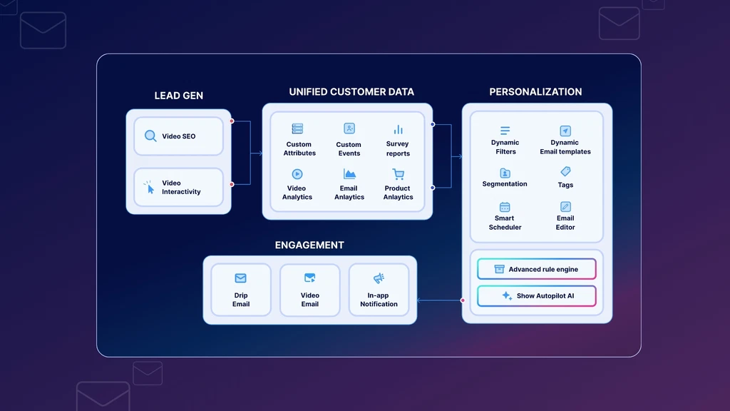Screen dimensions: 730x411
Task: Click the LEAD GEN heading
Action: click(x=179, y=96)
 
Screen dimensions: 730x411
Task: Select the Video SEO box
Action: click(x=179, y=136)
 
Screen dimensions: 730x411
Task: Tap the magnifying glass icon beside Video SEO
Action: click(x=150, y=136)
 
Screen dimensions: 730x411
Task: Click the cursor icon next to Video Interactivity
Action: click(x=150, y=188)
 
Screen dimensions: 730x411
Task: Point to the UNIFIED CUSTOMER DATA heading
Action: click(x=351, y=92)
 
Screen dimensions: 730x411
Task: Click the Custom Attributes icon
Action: click(x=297, y=128)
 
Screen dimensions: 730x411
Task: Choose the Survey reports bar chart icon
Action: click(x=398, y=130)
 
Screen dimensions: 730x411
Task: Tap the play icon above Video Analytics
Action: click(x=297, y=174)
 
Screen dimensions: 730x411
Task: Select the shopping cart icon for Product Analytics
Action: click(x=398, y=174)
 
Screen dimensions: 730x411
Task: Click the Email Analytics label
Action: click(x=349, y=193)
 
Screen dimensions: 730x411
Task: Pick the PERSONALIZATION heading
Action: click(x=535, y=92)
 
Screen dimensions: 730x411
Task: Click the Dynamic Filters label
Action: click(x=505, y=147)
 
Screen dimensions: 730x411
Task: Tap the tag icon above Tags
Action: click(x=565, y=171)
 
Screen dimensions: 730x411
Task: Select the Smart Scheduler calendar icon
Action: click(x=505, y=207)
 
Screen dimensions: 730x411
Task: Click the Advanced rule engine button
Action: click(x=537, y=269)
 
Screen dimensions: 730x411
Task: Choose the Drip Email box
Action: click(x=241, y=290)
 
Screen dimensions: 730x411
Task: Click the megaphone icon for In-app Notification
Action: click(x=379, y=278)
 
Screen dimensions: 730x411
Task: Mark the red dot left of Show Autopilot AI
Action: click(x=462, y=300)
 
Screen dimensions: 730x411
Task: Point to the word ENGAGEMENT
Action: click(x=309, y=245)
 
